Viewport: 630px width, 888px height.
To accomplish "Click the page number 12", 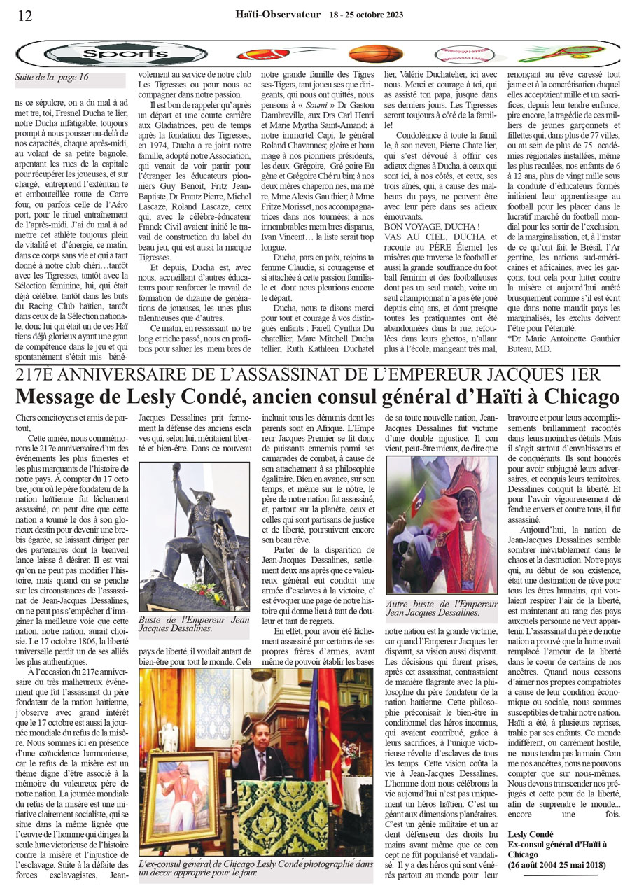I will pyautogui.click(x=24, y=15).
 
